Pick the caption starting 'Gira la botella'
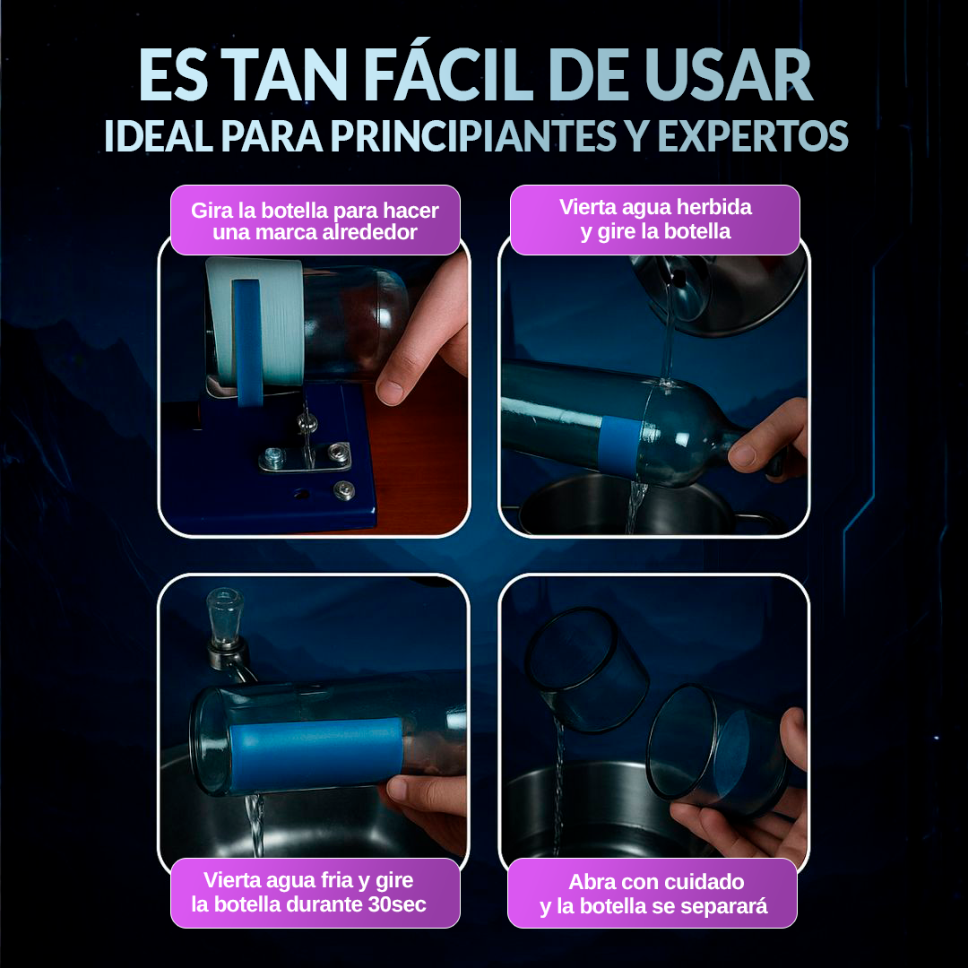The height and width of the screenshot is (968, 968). [315, 221]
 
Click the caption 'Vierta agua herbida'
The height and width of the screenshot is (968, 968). [655, 220]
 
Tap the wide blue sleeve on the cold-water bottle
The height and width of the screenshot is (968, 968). [314, 753]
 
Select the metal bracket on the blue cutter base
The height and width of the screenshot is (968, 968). [305, 457]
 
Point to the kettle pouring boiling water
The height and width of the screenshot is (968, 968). [717, 291]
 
